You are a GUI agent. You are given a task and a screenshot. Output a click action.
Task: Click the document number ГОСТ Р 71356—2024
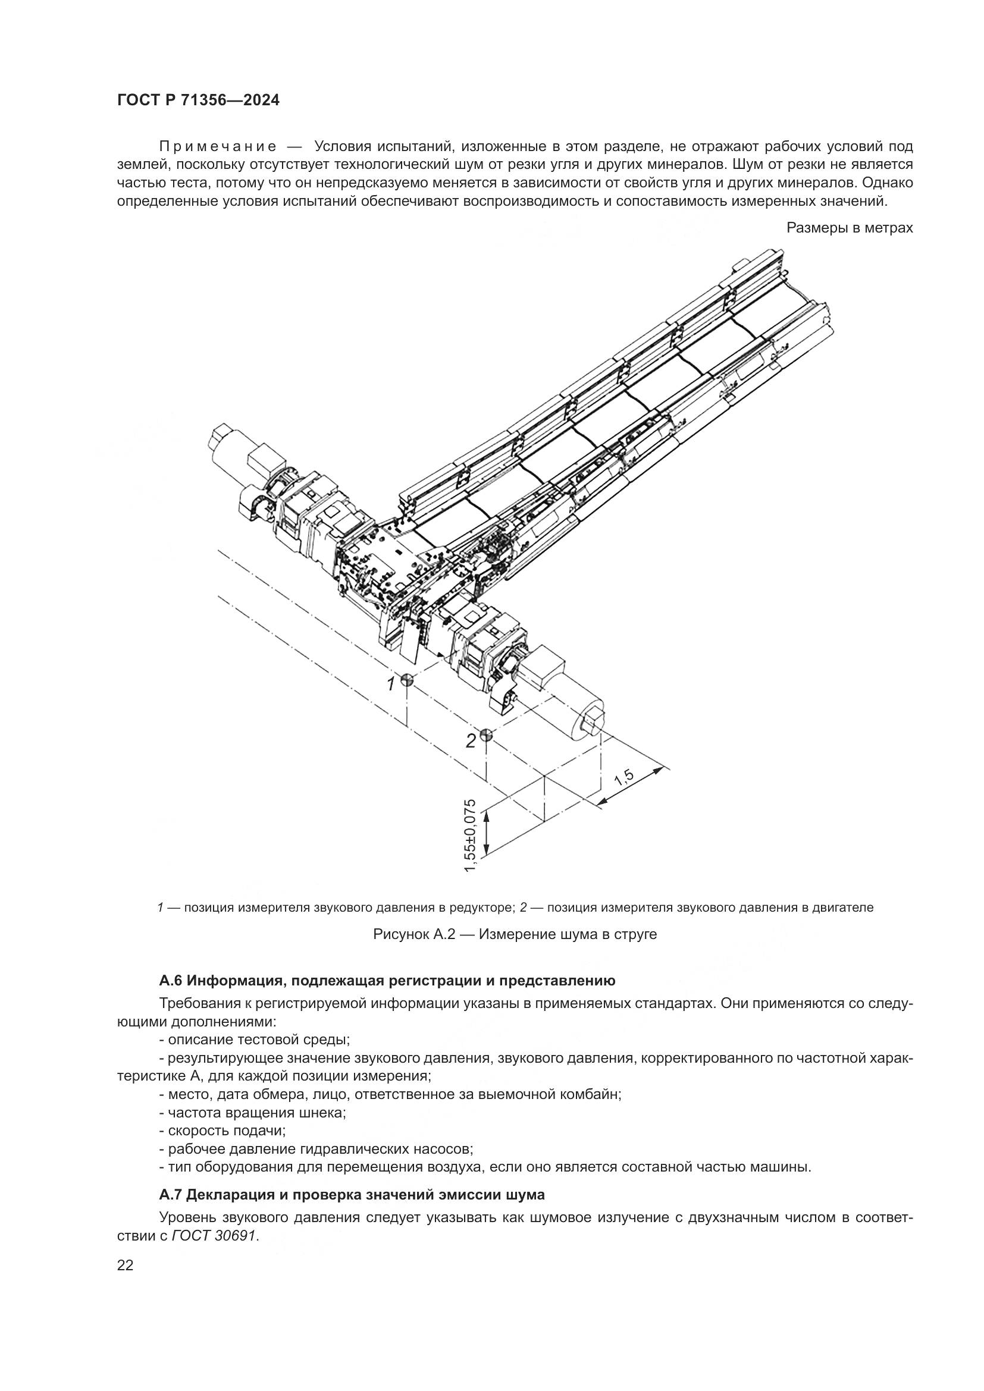(198, 101)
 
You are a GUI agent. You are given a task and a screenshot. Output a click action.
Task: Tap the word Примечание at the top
(218, 147)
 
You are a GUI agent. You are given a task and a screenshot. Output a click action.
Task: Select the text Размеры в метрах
(850, 228)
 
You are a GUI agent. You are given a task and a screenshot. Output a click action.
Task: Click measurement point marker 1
(406, 679)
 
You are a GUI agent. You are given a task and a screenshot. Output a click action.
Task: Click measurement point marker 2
(485, 736)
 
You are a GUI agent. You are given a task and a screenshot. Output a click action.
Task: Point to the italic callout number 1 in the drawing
(391, 684)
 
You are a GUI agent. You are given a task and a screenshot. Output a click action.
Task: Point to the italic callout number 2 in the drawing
(470, 740)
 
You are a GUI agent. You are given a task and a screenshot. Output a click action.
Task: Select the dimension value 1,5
(624, 778)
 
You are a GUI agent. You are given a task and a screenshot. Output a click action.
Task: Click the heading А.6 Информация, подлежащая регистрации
(387, 980)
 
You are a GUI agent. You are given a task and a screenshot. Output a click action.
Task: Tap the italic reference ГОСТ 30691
(214, 1236)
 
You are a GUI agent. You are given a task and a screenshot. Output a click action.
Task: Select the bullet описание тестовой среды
(255, 1040)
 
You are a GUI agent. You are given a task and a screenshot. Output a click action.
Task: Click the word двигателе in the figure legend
(845, 908)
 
